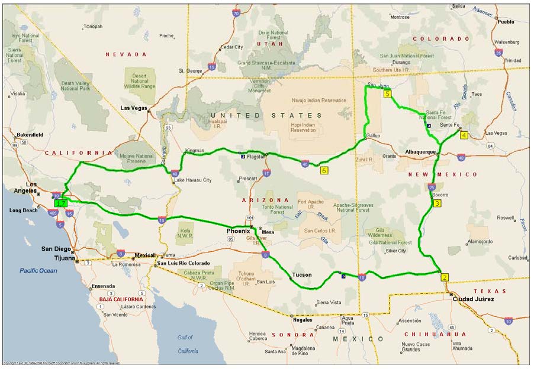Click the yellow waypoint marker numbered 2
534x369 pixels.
[x=445, y=277]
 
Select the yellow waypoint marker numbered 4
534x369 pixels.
[x=464, y=135]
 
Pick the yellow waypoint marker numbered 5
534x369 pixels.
[x=387, y=93]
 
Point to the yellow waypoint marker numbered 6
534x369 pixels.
[x=324, y=170]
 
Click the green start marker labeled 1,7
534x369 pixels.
[x=60, y=203]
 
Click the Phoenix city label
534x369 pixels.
[x=238, y=231]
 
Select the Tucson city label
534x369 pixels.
[x=302, y=275]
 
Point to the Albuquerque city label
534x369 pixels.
[x=420, y=152]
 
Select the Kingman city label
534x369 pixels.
[x=194, y=151]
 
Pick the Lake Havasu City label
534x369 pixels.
[x=193, y=180]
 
